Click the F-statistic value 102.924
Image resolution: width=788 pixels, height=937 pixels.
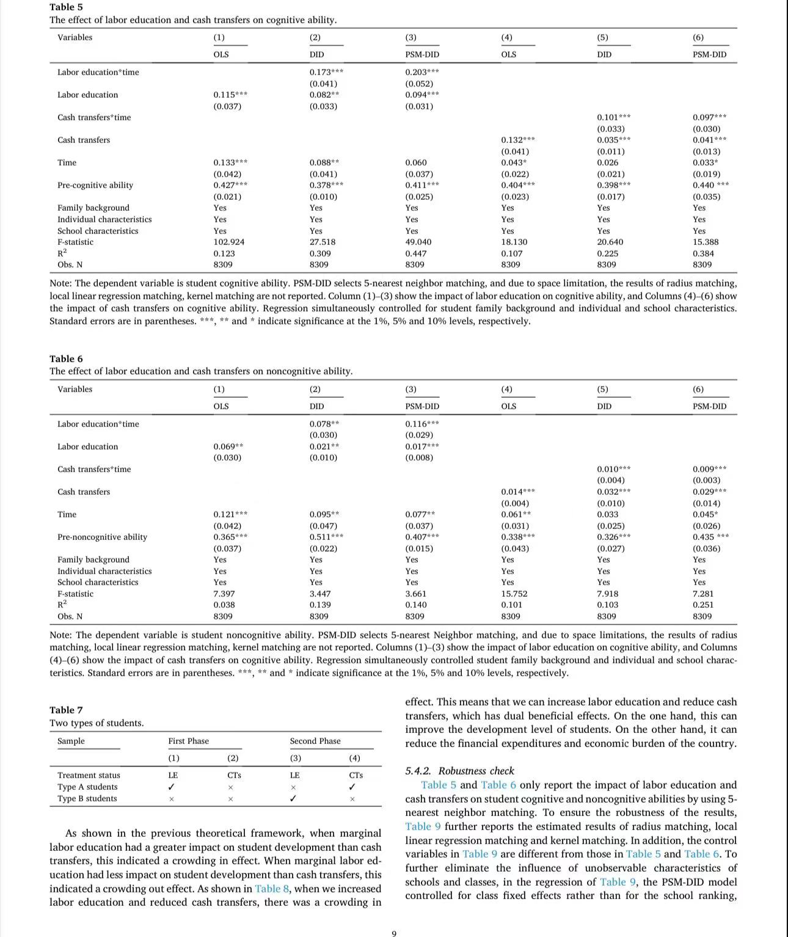point(228,242)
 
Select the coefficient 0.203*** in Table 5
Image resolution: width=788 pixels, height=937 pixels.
point(421,72)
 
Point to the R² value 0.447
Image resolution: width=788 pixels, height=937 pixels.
point(416,253)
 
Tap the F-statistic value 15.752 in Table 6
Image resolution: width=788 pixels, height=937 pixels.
point(514,594)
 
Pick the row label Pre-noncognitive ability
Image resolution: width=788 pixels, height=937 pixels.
point(102,537)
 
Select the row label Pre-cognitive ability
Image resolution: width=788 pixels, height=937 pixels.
point(95,185)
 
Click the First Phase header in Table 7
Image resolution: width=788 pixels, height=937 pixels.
point(188,741)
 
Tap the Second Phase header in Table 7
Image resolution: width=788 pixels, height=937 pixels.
point(315,741)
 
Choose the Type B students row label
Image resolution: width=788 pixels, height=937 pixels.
point(87,798)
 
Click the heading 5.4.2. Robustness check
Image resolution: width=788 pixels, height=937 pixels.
point(459,771)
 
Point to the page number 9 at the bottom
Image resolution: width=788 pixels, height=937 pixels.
point(394,933)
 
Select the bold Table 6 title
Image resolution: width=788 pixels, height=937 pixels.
point(66,359)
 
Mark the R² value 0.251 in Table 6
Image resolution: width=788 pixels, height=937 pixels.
point(702,605)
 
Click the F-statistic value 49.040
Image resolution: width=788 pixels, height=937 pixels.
point(418,242)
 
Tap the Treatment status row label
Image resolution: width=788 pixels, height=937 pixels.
point(89,775)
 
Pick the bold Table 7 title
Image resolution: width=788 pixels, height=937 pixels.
point(66,710)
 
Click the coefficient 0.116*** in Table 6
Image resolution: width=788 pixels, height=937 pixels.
point(421,424)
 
